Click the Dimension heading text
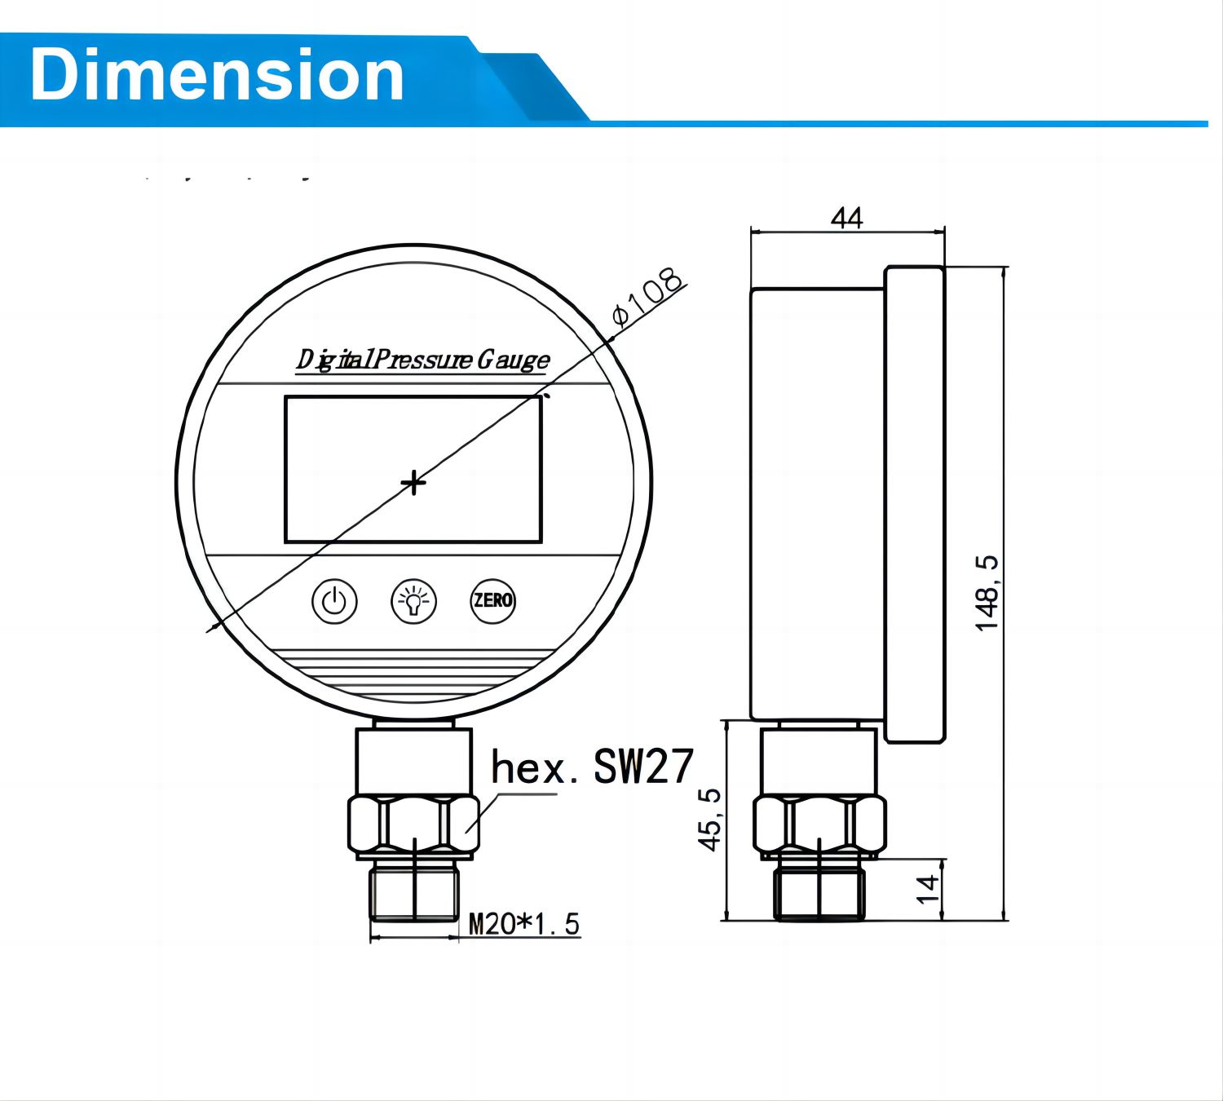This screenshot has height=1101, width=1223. [217, 75]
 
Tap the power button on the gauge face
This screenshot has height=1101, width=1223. [334, 602]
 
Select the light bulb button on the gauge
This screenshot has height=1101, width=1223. [414, 602]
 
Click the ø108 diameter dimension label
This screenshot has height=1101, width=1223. [648, 298]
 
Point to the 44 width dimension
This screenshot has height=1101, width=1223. [846, 218]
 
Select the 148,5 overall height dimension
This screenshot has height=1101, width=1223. [987, 593]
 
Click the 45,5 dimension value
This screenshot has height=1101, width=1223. [711, 820]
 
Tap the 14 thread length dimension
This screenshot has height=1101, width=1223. [929, 889]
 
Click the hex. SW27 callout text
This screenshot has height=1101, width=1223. [592, 767]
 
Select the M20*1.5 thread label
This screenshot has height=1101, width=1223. [523, 924]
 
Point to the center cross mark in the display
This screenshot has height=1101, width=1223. [413, 483]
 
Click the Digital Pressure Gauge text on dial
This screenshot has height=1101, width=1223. [422, 360]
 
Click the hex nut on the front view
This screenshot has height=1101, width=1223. [413, 825]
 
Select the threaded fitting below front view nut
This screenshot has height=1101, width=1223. [414, 892]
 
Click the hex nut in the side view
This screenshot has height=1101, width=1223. [819, 825]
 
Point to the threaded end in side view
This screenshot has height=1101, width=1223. [819, 892]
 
